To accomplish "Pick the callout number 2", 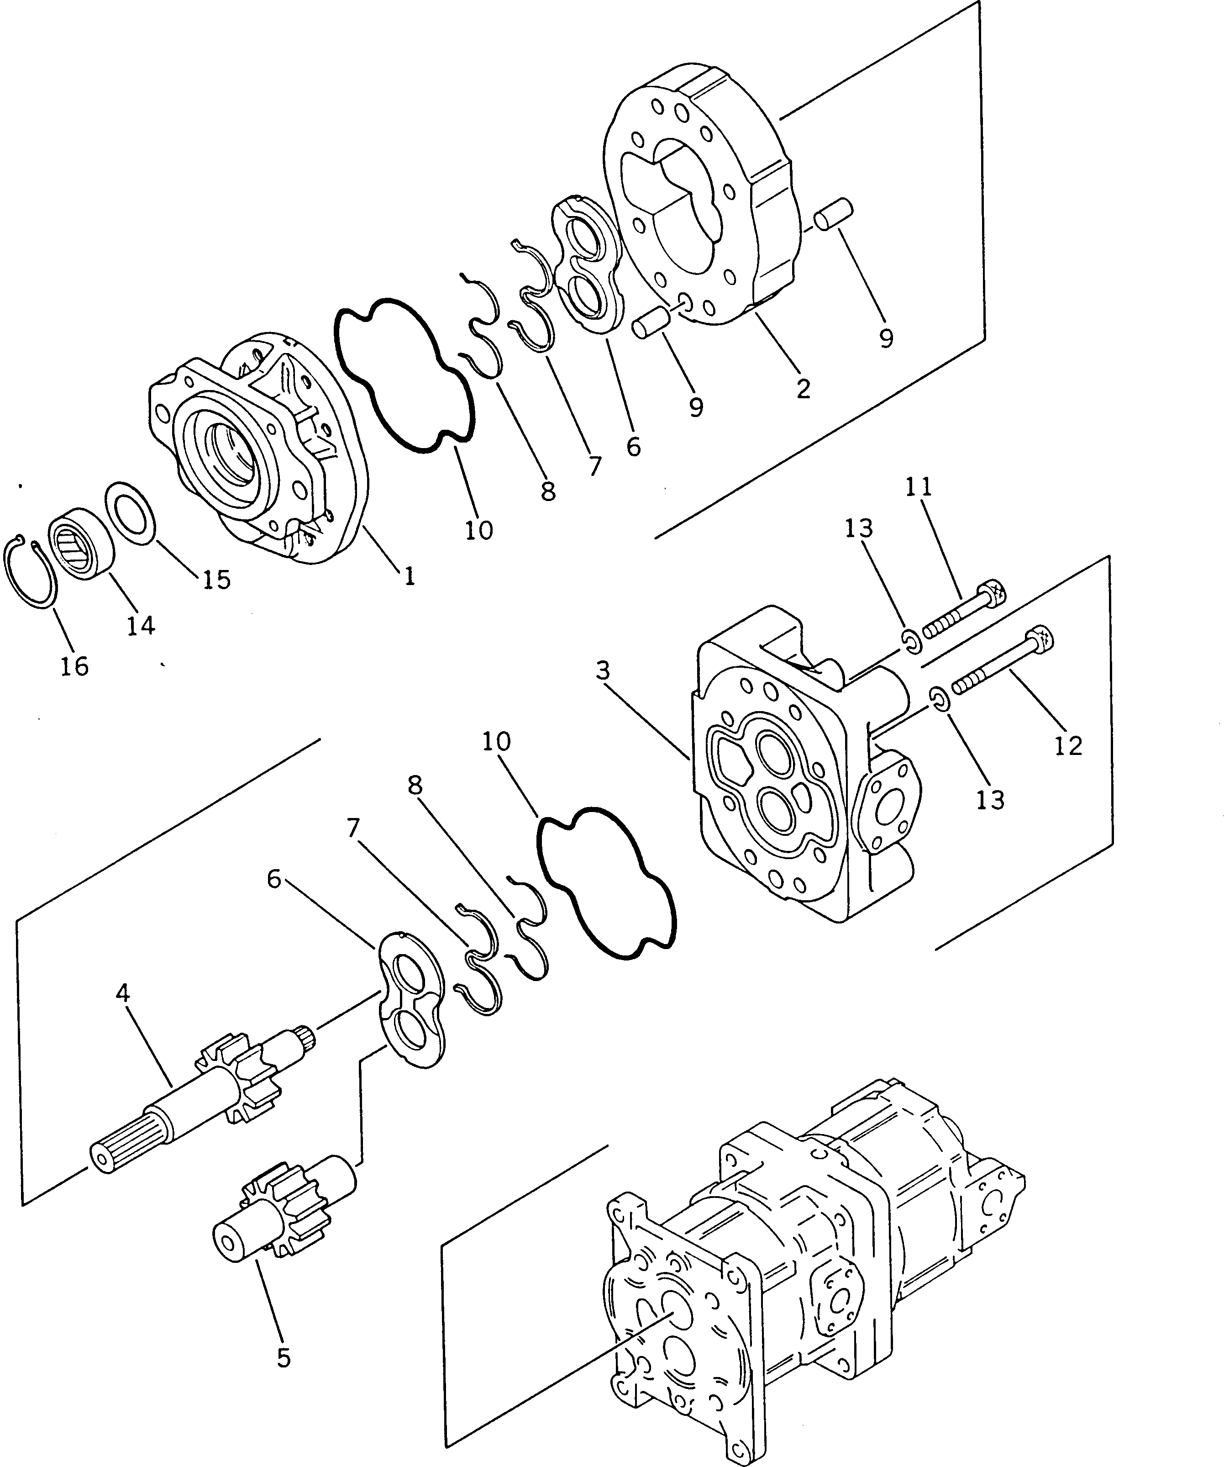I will pos(803,389).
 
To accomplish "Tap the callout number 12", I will pos(1068,746).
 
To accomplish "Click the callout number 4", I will pos(123,992).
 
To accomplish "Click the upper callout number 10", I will pos(479,530).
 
